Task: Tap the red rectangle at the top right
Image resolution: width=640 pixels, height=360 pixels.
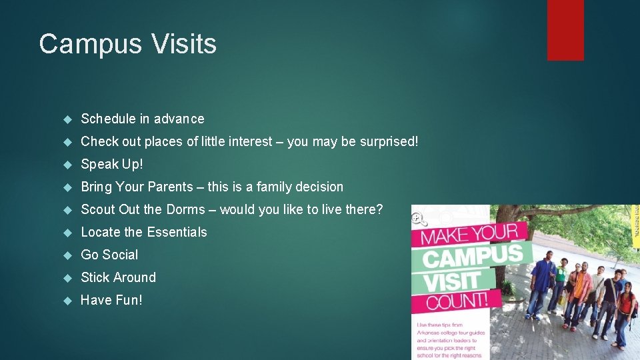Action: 565,30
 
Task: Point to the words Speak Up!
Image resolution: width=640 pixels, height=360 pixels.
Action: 112,164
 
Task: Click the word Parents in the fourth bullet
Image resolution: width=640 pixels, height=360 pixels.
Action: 175,187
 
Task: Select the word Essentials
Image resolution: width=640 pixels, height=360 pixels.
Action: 177,232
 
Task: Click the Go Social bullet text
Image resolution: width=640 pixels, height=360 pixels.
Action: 109,255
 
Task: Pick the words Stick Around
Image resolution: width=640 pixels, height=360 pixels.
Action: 118,277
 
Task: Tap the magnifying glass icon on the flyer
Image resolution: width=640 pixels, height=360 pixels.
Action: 419,218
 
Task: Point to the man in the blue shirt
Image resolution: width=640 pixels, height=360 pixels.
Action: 541,283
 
